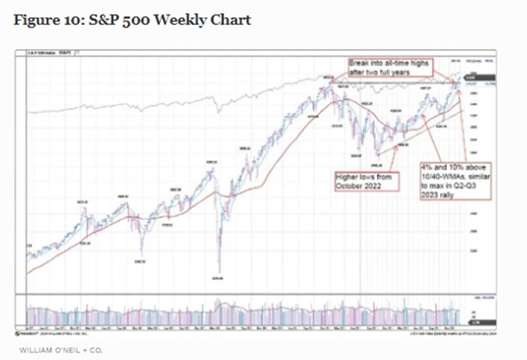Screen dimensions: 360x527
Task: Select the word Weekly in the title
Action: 180,20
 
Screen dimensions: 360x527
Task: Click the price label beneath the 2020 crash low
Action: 219,278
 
